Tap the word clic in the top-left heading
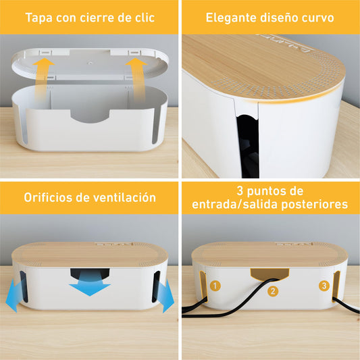coord(143,17)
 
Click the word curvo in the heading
coord(317,17)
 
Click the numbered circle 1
coord(215,286)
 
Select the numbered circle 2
coord(272,292)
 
